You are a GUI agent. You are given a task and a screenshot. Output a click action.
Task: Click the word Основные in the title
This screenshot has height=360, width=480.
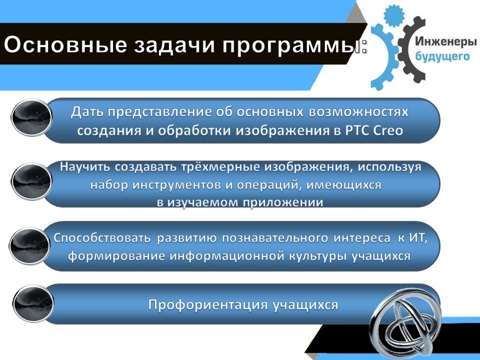click(65, 44)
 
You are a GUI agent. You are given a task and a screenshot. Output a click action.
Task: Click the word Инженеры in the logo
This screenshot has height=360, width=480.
click(446, 42)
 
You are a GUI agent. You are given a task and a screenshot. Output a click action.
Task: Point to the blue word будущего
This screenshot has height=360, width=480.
click(442, 56)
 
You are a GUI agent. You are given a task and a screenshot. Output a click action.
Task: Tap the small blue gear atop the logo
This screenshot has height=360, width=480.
click(394, 16)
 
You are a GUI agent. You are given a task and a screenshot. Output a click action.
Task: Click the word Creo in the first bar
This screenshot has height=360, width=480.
click(388, 130)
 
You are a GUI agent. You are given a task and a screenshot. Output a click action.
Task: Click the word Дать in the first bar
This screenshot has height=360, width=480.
click(87, 112)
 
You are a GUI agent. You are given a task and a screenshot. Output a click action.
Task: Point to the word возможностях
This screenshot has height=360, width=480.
click(358, 112)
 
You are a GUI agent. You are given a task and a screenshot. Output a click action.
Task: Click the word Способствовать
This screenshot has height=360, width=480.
click(102, 238)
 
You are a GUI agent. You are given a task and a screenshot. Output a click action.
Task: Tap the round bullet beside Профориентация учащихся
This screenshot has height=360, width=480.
click(33, 304)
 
